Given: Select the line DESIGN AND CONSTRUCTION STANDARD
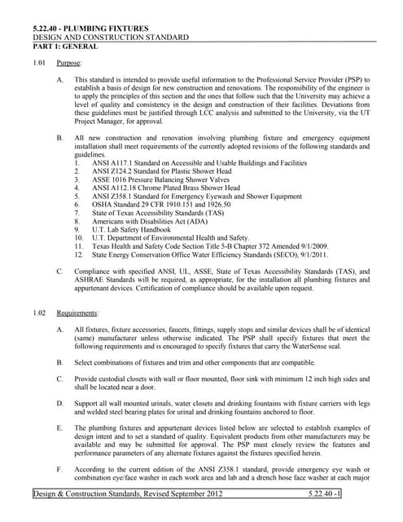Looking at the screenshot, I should click(110, 38).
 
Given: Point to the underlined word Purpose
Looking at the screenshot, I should click(68, 62).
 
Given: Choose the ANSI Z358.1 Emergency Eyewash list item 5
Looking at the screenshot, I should click(196, 197).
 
